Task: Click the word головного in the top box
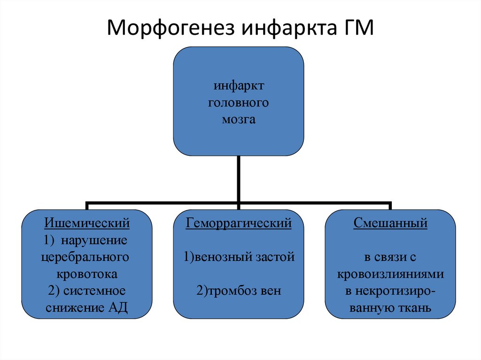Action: point(238,102)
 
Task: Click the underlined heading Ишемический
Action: point(87,223)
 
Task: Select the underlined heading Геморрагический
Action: point(239,223)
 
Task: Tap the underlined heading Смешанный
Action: point(390,223)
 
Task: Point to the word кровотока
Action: point(87,274)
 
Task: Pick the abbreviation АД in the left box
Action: point(117,308)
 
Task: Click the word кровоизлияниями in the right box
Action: point(390,274)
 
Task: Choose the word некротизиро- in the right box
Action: point(390,291)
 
